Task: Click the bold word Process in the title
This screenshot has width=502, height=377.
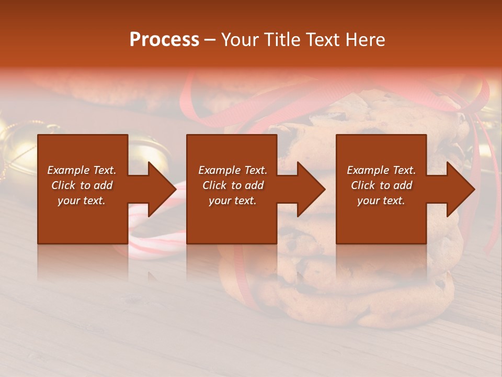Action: (164, 40)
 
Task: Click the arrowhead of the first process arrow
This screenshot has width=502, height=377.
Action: (163, 189)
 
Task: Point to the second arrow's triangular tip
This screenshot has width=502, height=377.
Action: (312, 189)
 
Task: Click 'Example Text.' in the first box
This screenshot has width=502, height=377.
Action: (82, 170)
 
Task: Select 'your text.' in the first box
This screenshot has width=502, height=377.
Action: (82, 201)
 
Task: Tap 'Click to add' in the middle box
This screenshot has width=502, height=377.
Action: (233, 185)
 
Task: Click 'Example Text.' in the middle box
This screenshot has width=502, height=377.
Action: (233, 170)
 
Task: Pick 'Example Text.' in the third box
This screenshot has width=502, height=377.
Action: (381, 170)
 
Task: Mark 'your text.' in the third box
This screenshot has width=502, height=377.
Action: (381, 201)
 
